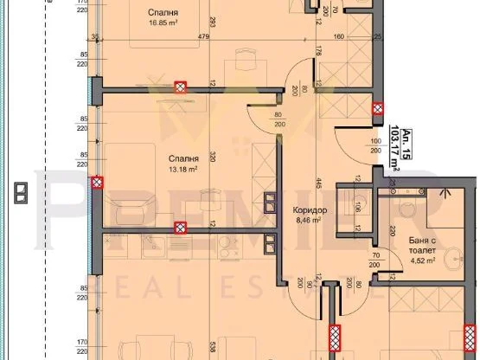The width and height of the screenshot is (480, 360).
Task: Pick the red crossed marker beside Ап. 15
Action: tap(379, 108)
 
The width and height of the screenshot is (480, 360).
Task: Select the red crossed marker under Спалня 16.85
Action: tap(180, 86)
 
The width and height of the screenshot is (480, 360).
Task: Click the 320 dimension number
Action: tap(213, 159)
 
